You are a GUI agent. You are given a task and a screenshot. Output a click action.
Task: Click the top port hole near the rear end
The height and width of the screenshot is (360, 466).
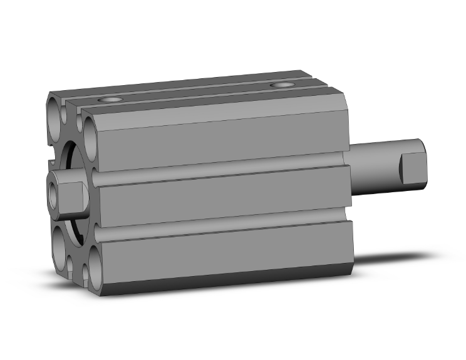pos(283,85)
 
